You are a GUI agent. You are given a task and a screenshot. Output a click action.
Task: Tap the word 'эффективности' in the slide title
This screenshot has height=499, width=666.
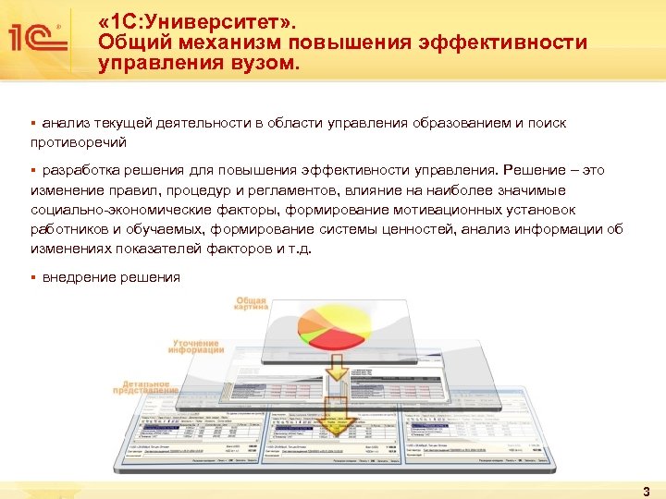[499, 43]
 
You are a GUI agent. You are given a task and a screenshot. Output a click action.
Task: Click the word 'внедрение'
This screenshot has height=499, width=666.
[78, 277]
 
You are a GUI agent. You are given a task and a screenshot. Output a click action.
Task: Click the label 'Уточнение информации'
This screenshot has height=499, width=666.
[196, 345]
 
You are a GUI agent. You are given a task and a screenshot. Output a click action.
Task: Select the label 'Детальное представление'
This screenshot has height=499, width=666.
[145, 386]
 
